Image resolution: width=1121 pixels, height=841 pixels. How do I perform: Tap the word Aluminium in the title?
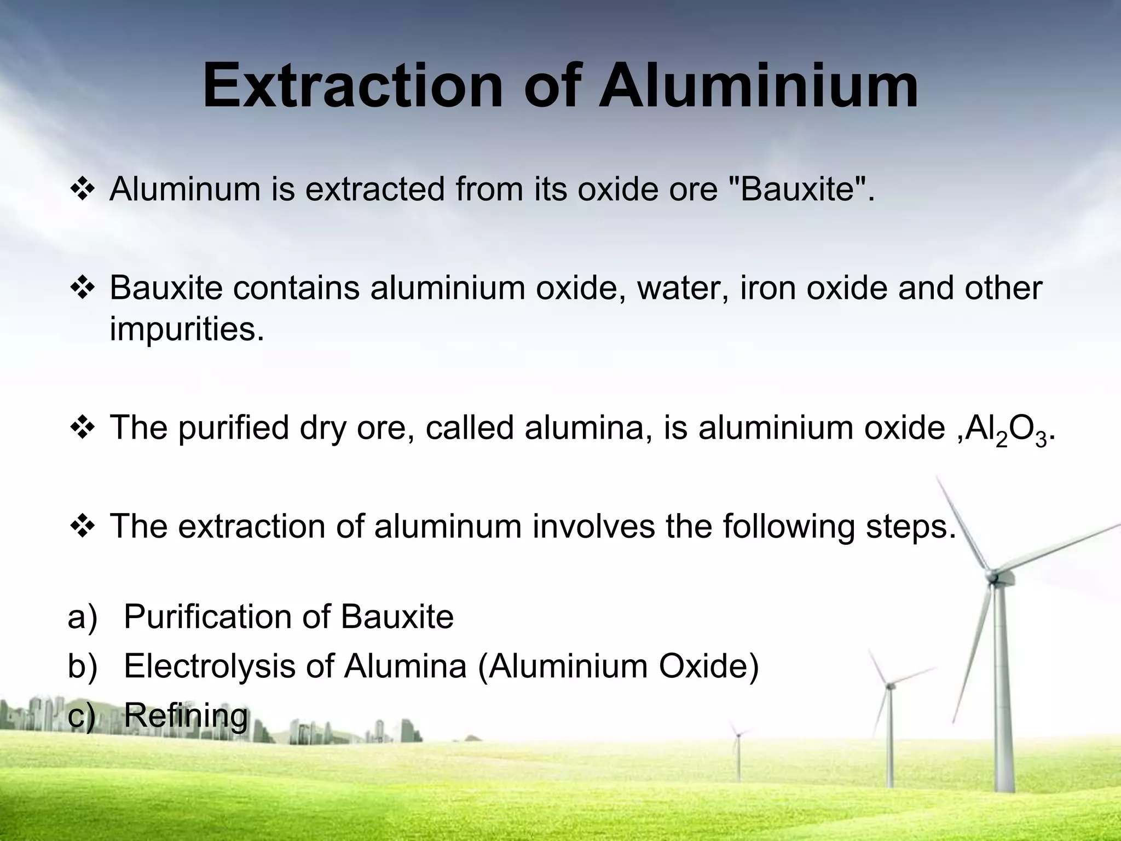758,87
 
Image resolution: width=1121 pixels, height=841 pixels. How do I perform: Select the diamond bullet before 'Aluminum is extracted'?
83,190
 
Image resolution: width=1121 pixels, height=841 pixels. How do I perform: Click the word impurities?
187,330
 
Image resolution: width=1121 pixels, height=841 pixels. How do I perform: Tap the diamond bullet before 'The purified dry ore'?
83,429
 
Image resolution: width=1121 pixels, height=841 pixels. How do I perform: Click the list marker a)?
83,618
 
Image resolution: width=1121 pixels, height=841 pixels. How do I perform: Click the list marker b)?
83,667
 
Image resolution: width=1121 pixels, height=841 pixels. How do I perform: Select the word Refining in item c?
186,716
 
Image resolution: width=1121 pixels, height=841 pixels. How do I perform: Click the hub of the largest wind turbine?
991,576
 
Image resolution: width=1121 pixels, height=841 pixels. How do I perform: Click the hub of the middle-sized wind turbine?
889,686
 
